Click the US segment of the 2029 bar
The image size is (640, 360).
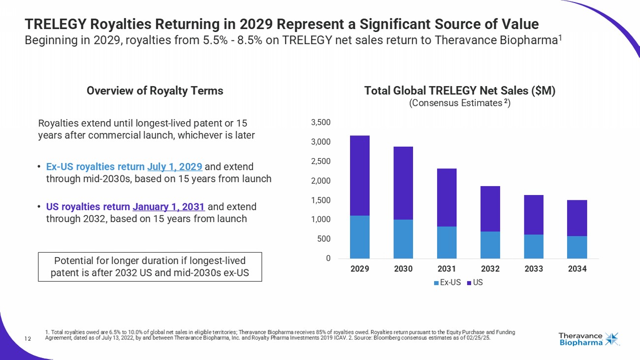(359, 175)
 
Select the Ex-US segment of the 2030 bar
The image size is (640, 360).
(403, 239)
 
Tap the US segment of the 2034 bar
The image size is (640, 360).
(576, 218)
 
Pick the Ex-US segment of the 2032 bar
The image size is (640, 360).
(490, 245)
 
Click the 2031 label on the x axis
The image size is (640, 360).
(447, 269)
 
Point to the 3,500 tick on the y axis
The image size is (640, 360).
(323, 122)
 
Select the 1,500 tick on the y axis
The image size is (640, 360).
(323, 200)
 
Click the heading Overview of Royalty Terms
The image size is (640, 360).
(155, 91)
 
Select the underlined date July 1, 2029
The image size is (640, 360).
(175, 166)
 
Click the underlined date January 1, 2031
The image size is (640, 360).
(169, 206)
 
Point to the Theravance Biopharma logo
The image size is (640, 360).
(589, 339)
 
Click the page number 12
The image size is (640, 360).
(28, 338)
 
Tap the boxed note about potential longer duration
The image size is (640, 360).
(150, 266)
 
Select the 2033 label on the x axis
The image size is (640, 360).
(533, 269)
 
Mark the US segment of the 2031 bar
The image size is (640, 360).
(447, 197)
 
